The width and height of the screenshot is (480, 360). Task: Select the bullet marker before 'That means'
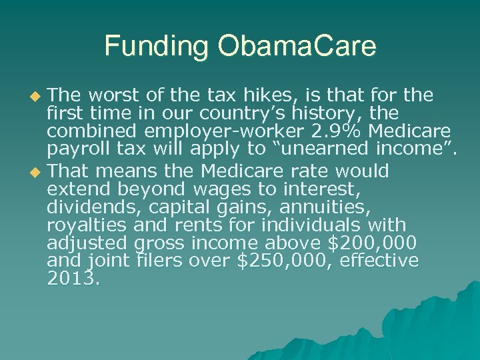click(37, 173)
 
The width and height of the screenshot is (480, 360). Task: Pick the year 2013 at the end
click(73, 277)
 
